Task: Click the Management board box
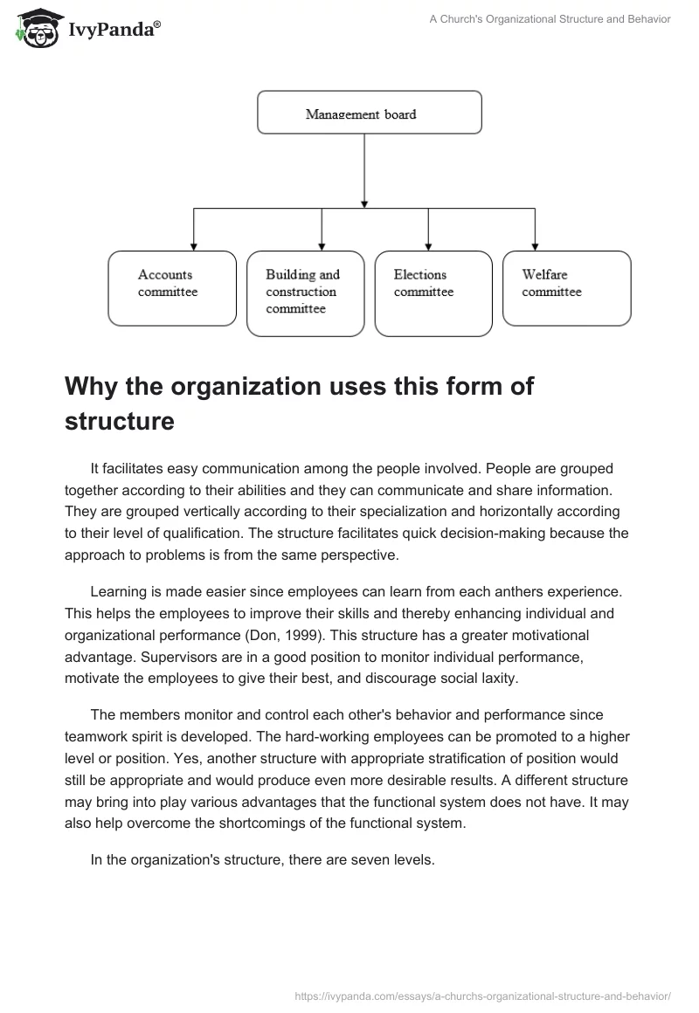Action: click(x=369, y=113)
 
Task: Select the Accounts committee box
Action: click(x=171, y=288)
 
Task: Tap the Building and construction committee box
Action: click(x=305, y=293)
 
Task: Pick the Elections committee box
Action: click(x=433, y=293)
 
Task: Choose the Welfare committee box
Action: click(x=566, y=288)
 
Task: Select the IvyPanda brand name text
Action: click(x=114, y=30)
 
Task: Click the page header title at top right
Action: click(x=550, y=19)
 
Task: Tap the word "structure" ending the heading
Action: click(x=119, y=421)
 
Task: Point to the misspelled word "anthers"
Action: click(x=491, y=592)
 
